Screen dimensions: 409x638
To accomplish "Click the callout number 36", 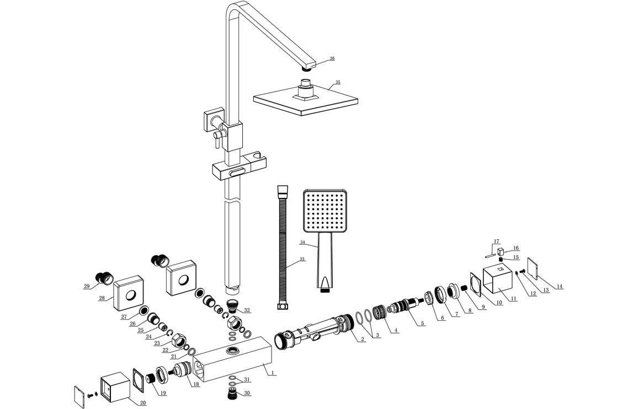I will coord(332,58).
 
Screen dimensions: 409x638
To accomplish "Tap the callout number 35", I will coord(338,82).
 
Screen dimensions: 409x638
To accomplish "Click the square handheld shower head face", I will coord(323,211).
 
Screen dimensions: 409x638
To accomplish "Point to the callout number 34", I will coord(302,242).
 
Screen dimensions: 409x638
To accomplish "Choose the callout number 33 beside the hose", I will coord(302,259).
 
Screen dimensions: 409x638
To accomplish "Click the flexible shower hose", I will coord(283,248).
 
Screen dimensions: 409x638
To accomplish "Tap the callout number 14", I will coord(560,286).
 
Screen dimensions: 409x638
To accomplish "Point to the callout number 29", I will coord(87,286).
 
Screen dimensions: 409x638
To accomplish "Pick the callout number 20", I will coord(143,403).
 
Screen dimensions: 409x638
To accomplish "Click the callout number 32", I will coord(247,310).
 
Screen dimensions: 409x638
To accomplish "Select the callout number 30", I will coord(247,392).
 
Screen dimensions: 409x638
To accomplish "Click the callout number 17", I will coord(496,241).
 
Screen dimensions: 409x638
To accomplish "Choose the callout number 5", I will coord(422,323).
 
